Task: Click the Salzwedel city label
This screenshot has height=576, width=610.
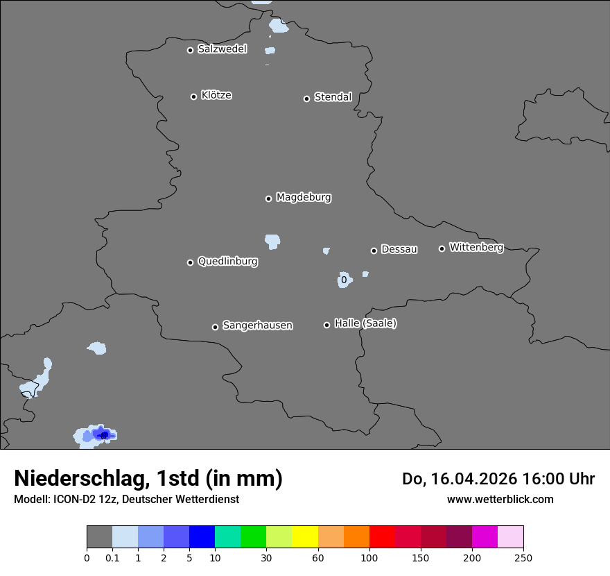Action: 222,49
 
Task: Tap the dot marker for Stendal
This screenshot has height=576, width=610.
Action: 306,99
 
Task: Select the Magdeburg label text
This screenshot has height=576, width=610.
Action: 304,198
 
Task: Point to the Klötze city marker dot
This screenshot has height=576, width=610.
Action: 193,96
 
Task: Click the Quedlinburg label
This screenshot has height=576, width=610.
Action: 227,262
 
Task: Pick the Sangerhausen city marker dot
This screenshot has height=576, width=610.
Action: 215,327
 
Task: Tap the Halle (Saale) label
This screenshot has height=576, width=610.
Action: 365,323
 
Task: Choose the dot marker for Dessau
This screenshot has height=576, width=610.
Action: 374,251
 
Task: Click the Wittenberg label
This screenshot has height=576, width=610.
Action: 476,247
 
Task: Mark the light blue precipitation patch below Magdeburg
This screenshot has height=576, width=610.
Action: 272,242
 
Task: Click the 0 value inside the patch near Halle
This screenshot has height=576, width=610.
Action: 343,280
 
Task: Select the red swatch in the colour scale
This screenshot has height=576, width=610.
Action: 382,537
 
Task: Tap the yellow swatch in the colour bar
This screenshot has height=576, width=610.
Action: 305,537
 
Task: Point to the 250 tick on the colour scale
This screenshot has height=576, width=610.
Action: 523,557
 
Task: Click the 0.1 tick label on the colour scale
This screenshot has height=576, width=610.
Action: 112,557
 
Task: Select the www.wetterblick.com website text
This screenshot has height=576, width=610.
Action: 500,499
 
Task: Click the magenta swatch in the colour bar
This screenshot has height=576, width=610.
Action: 485,537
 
